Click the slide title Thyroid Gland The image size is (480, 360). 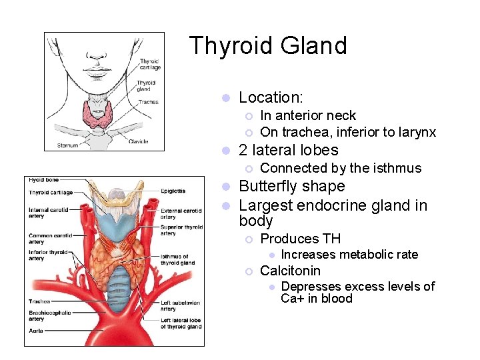point(268,46)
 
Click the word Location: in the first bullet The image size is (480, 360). point(271,97)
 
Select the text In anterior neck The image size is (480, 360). point(307,116)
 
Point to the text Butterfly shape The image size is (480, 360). point(291,187)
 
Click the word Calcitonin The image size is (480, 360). point(290,271)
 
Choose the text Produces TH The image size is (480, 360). point(300,239)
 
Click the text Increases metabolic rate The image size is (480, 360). point(349,255)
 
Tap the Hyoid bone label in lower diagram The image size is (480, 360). point(43,180)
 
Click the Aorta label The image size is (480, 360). point(37,331)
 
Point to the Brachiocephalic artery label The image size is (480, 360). point(49,315)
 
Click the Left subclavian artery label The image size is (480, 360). point(181,305)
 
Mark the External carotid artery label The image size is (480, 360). point(181,213)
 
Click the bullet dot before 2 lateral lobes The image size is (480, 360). point(226,151)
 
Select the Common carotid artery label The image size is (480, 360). point(49,239)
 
